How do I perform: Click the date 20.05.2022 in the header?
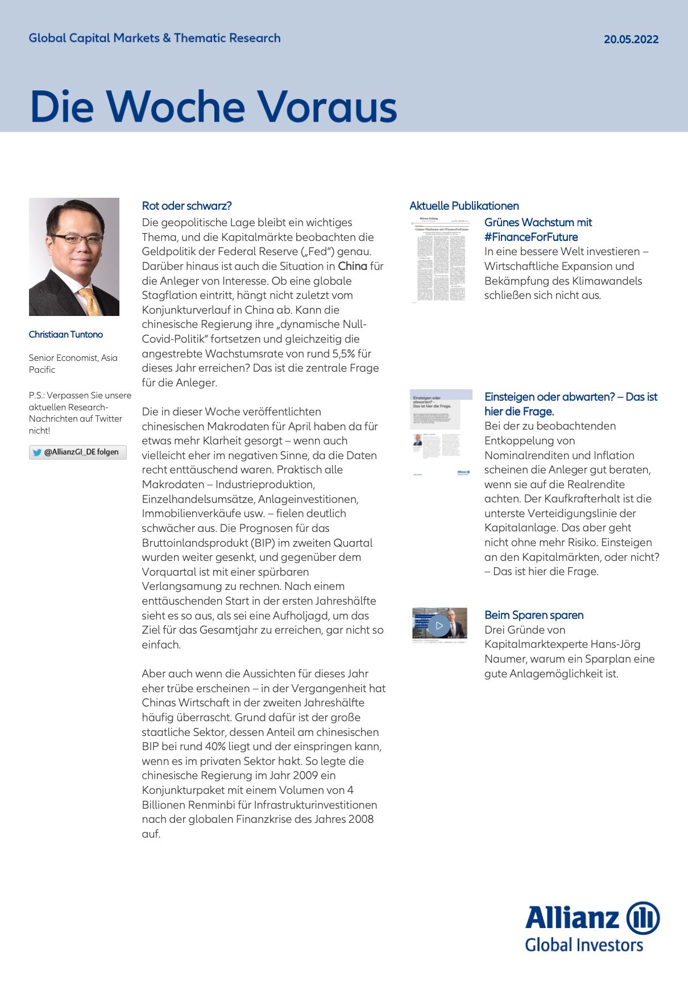[631, 39]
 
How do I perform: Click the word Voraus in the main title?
[327, 107]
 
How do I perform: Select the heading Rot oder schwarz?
[186, 206]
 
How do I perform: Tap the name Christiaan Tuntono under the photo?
[66, 334]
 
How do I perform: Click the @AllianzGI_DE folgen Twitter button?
[77, 452]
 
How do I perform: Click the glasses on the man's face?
[76, 239]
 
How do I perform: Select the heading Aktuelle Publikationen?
[464, 206]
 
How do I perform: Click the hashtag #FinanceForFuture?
[531, 237]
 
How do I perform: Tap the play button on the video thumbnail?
[438, 625]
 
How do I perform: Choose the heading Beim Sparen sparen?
[534, 615]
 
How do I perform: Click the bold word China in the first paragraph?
[353, 266]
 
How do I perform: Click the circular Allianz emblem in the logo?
[643, 918]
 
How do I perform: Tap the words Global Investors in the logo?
[584, 945]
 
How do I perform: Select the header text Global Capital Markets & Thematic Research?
[155, 38]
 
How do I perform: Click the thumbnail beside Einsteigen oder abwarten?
[441, 432]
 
